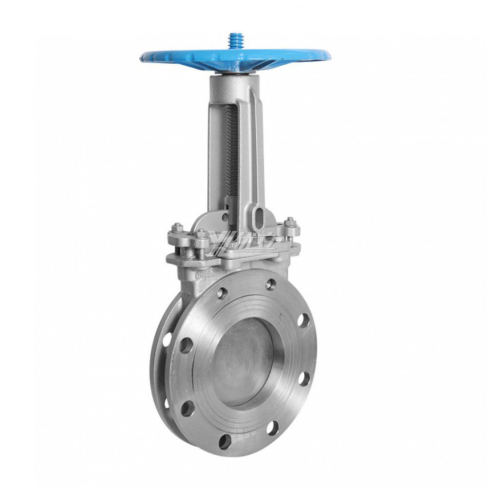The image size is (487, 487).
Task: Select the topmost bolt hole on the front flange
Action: pos(271,284)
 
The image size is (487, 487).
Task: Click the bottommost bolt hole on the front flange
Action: pos(225,441)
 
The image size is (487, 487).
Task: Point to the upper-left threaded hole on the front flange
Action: pos(223,293)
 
